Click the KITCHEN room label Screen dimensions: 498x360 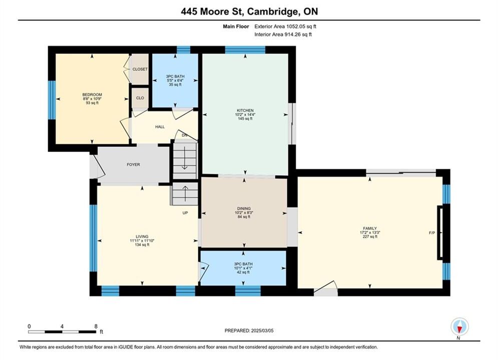(245, 110)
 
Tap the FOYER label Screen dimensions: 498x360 (134, 164)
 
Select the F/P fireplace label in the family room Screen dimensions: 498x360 (432, 233)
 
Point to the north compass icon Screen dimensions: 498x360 (459, 326)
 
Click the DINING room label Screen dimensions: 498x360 (244, 208)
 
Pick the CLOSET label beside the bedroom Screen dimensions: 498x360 (140, 69)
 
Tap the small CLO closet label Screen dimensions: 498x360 (140, 98)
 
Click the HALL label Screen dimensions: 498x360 (160, 127)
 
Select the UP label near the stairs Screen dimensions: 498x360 (185, 213)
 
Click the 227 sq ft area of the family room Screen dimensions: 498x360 (370, 236)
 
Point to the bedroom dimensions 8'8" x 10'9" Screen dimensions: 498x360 (92, 98)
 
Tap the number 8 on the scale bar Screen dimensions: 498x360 (96, 326)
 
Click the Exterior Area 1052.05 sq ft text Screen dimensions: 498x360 (285, 26)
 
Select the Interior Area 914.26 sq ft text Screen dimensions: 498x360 (283, 34)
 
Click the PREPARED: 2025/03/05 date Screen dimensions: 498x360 (249, 330)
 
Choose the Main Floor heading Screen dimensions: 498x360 (236, 26)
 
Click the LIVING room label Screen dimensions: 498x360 (142, 236)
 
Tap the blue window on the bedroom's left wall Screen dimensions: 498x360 (52, 100)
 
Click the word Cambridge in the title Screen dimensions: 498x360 (273, 11)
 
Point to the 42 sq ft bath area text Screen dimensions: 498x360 (243, 272)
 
